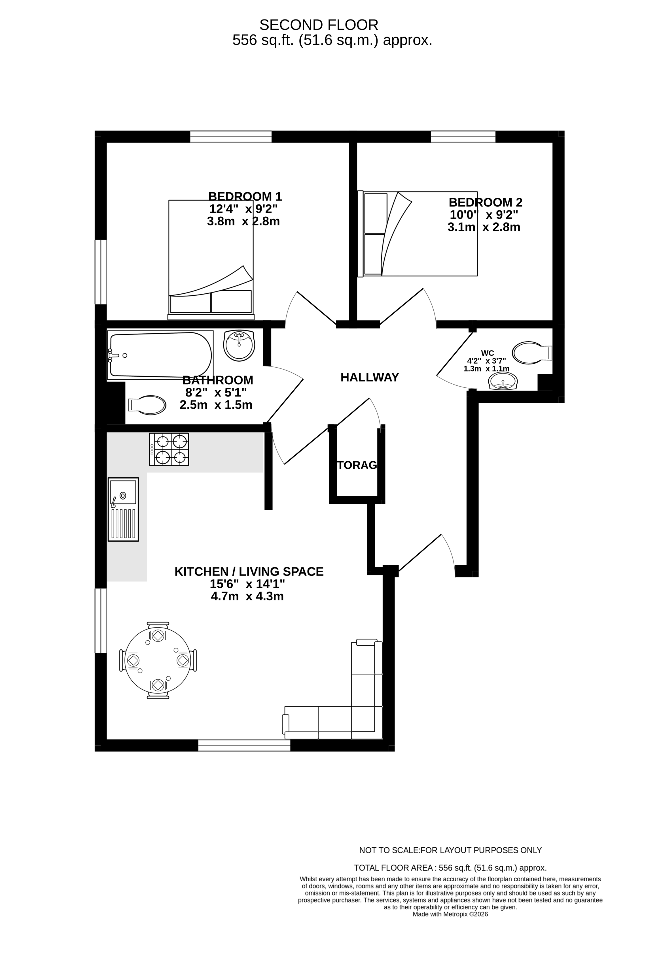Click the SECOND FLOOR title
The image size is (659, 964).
pyautogui.click(x=319, y=25)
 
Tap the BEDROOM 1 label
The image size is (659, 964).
pyautogui.click(x=245, y=196)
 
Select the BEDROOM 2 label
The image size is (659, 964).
pyautogui.click(x=486, y=202)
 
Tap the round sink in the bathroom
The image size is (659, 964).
pyautogui.click(x=239, y=345)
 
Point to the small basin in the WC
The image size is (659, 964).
pyautogui.click(x=503, y=381)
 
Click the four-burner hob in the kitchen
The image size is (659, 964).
pyautogui.click(x=169, y=449)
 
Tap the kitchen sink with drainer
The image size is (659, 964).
pyautogui.click(x=123, y=509)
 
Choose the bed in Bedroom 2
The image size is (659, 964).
pyautogui.click(x=417, y=234)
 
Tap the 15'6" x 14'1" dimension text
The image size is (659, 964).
pyautogui.click(x=247, y=584)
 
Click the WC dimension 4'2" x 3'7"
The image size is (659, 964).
pyautogui.click(x=487, y=361)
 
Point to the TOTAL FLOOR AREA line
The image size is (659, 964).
pyautogui.click(x=450, y=868)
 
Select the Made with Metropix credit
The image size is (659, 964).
pyautogui.click(x=450, y=914)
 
